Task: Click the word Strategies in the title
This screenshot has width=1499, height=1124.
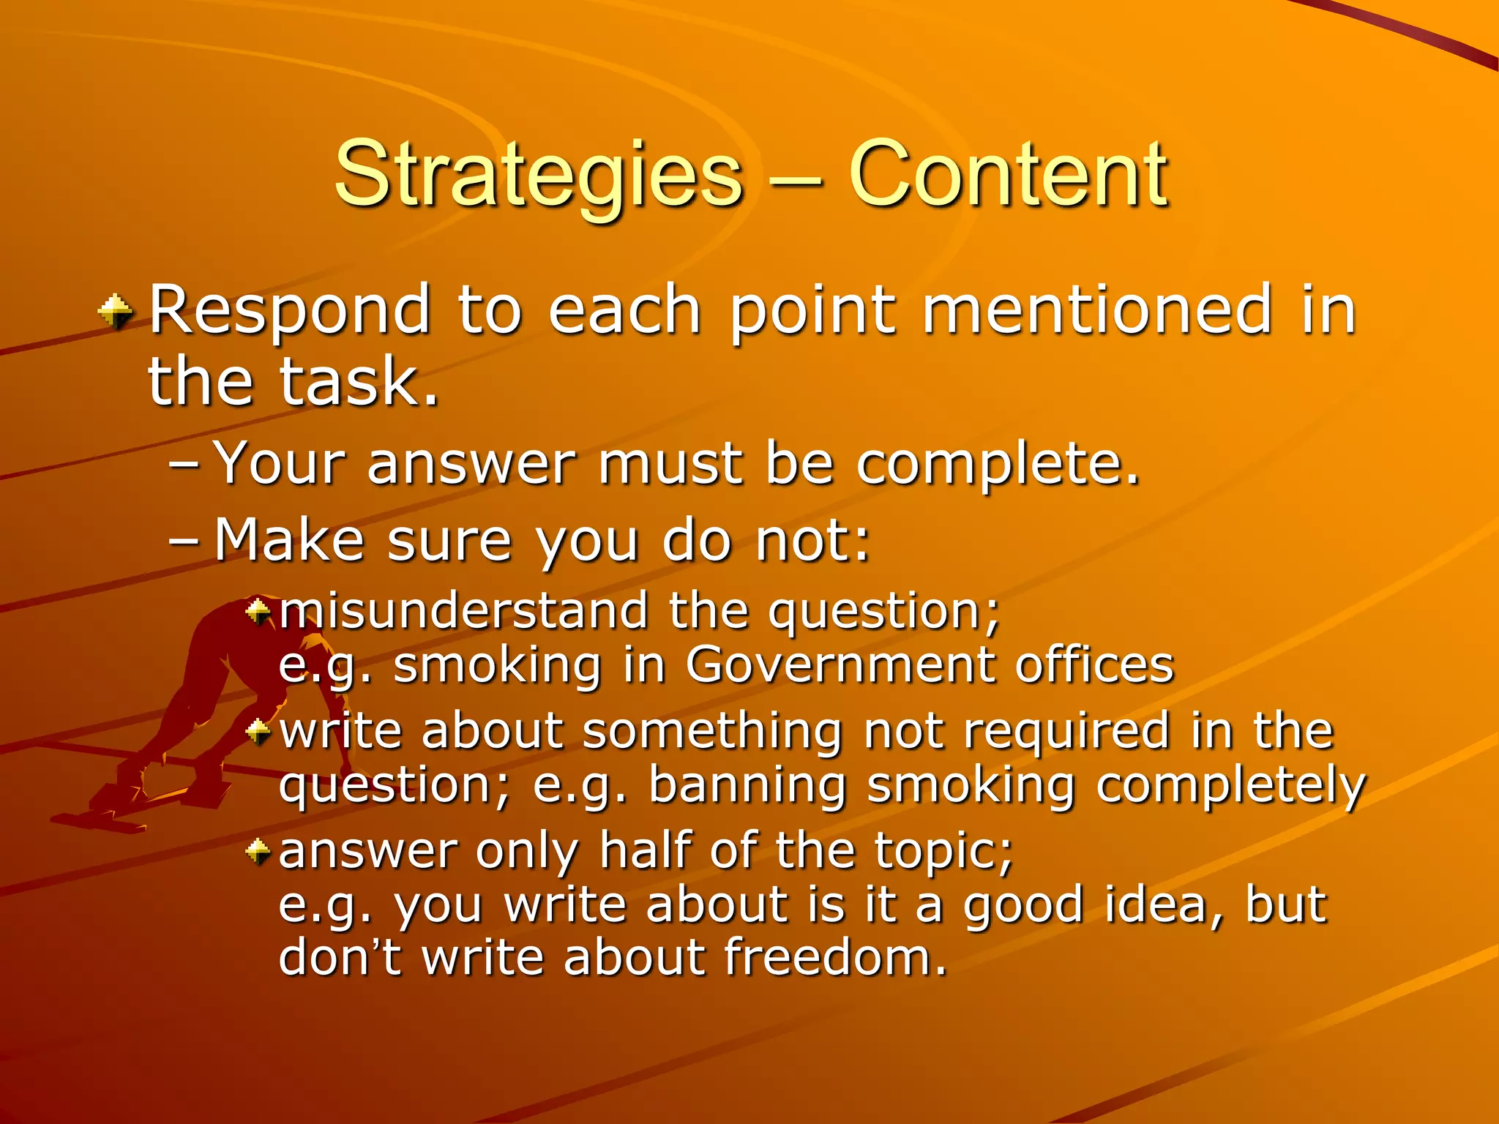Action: [538, 176]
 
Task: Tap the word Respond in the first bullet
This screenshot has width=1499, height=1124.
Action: [290, 312]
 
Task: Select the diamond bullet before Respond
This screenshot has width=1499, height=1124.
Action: [116, 312]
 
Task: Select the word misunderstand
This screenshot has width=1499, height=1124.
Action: [463, 610]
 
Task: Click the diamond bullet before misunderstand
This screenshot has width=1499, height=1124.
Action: [258, 610]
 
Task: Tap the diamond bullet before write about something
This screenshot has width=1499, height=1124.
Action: [258, 730]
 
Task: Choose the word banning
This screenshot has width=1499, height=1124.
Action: [747, 786]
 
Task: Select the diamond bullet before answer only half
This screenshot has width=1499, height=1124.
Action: [258, 850]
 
